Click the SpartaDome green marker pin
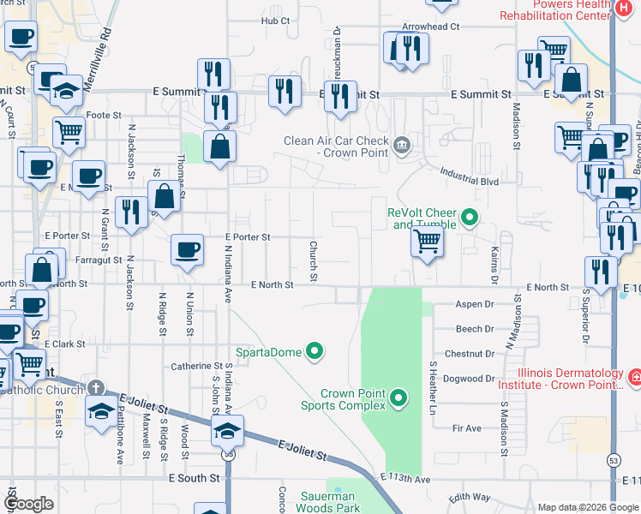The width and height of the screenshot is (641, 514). point(315,350)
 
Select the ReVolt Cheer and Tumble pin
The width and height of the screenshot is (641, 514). point(470,218)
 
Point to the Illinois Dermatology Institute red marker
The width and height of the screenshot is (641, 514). point(634,378)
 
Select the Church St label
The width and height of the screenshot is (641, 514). point(313,260)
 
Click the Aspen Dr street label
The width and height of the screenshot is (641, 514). point(476,304)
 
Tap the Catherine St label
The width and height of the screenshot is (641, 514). point(197,366)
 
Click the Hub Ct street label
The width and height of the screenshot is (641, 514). point(276,21)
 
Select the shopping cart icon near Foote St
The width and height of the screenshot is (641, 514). point(69,132)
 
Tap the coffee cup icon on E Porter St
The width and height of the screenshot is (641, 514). point(188,249)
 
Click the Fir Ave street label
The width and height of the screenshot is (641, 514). point(467,427)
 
